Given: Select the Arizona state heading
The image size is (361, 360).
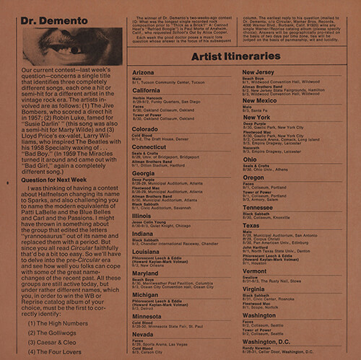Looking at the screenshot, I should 144,74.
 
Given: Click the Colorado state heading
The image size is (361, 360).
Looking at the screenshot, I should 145,129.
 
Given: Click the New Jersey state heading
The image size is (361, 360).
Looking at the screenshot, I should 258,73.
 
